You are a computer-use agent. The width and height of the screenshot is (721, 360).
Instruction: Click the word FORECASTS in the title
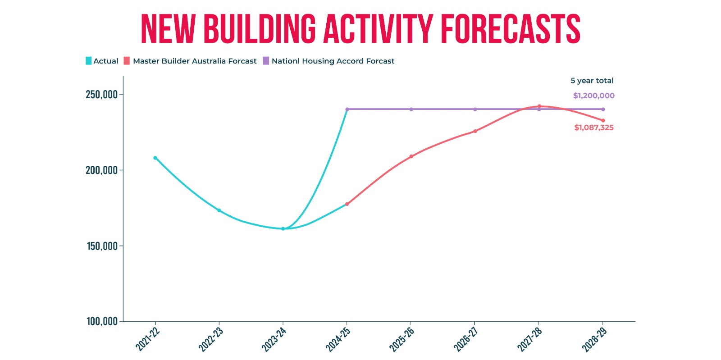(x=511, y=29)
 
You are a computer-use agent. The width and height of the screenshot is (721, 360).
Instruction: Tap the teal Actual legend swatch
(x=88, y=61)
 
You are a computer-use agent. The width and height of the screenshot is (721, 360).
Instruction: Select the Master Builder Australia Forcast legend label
(x=194, y=61)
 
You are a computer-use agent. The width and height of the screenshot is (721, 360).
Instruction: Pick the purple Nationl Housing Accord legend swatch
(x=266, y=61)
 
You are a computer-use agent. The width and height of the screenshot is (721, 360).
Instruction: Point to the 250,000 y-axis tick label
(x=101, y=95)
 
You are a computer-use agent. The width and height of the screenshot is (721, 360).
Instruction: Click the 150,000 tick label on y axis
(x=102, y=246)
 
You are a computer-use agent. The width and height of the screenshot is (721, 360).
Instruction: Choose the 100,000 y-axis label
(x=102, y=321)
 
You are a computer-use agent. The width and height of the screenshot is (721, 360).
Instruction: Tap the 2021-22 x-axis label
(x=147, y=339)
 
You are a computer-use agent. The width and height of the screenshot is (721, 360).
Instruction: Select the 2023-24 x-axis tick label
(x=274, y=339)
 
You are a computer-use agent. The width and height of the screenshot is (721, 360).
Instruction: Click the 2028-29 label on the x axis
(x=594, y=339)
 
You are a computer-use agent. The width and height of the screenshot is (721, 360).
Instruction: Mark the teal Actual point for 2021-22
(x=155, y=158)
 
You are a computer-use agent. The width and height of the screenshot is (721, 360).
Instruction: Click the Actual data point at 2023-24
(x=283, y=229)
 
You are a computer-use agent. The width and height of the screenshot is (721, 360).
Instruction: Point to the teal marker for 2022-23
(x=219, y=210)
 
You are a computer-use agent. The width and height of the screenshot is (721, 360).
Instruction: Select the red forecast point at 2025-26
(x=411, y=156)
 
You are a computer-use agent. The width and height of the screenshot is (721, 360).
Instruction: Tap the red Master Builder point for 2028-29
(x=603, y=121)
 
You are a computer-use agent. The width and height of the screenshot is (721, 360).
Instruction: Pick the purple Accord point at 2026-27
(x=475, y=109)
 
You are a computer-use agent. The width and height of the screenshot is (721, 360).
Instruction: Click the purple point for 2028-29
(x=603, y=109)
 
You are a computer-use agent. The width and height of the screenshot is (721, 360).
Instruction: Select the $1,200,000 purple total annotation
(x=594, y=96)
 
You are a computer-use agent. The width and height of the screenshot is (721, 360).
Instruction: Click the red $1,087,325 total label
(x=594, y=128)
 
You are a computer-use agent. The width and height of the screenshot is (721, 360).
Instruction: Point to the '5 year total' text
(x=592, y=81)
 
